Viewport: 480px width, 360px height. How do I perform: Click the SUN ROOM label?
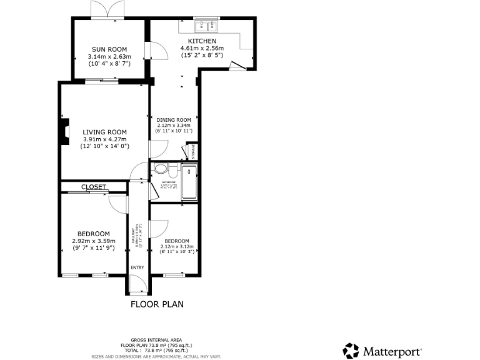click(x=109, y=49)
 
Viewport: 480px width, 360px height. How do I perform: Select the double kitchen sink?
click(x=206, y=26)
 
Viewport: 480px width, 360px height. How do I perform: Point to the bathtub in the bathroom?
click(x=189, y=182)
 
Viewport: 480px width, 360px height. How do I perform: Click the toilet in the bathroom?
click(x=161, y=169)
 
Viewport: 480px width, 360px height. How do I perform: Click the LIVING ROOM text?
click(x=104, y=132)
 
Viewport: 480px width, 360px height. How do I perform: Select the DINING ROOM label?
click(x=174, y=120)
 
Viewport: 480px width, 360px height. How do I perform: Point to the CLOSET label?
click(x=94, y=187)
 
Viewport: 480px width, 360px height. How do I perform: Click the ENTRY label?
click(x=137, y=267)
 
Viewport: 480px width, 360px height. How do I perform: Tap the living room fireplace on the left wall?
click(x=64, y=132)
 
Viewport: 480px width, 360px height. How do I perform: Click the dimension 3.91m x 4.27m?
click(x=104, y=139)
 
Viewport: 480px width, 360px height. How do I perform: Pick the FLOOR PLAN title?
click(x=157, y=305)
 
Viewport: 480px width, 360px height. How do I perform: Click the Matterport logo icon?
click(x=352, y=350)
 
